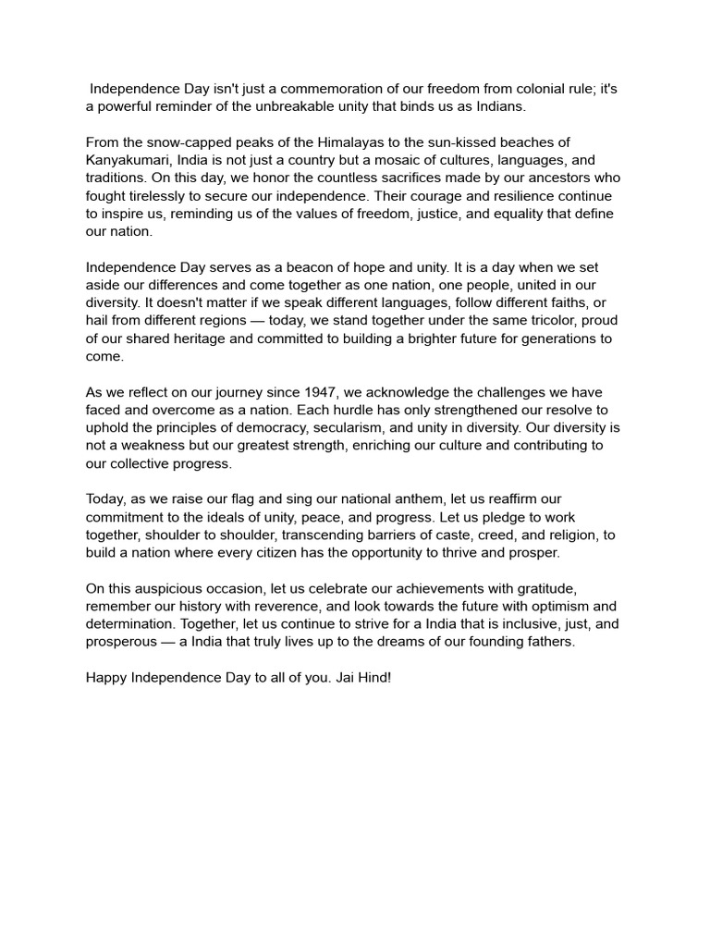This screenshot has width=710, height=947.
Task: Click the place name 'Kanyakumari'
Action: click(x=125, y=160)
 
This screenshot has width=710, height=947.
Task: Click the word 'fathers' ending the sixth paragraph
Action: click(x=550, y=642)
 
